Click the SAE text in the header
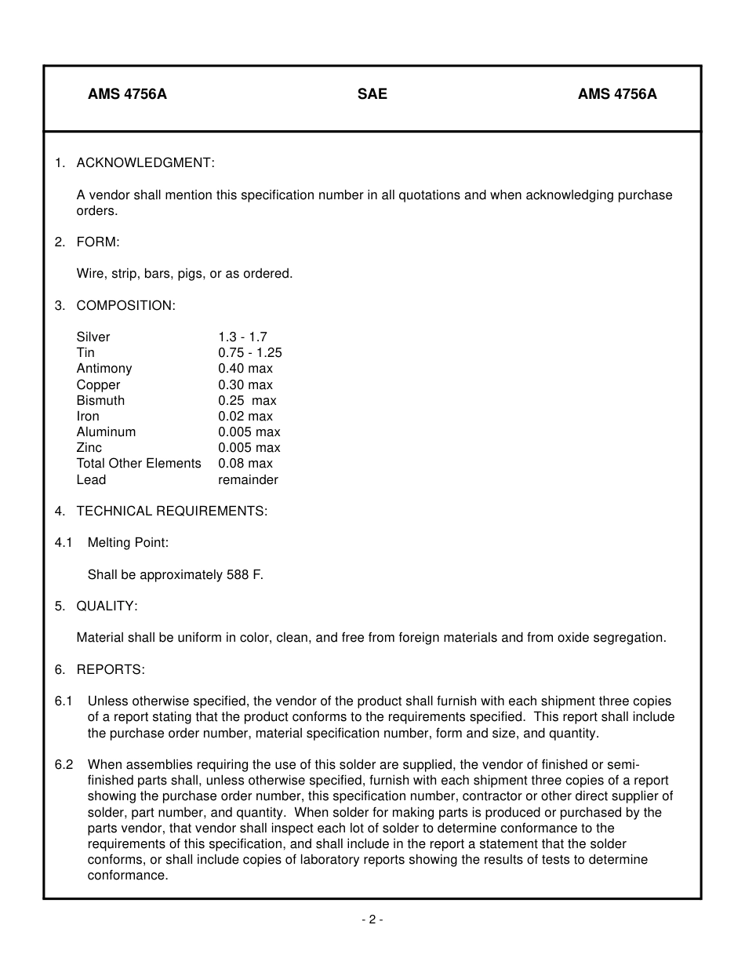pyautogui.click(x=372, y=94)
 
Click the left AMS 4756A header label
pyautogui.click(x=127, y=94)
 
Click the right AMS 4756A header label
pyautogui.click(x=617, y=94)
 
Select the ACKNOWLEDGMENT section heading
pyautogui.click(x=145, y=162)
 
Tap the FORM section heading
pyautogui.click(x=98, y=242)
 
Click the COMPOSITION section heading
pyautogui.click(x=125, y=305)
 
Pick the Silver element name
pyautogui.click(x=93, y=337)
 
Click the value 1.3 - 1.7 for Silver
pyautogui.click(x=242, y=337)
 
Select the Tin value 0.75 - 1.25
pyautogui.click(x=250, y=352)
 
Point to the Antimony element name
pyautogui.click(x=104, y=368)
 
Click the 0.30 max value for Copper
pyautogui.click(x=245, y=384)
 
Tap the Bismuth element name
pyautogui.click(x=100, y=400)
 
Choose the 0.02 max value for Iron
pyautogui.click(x=245, y=416)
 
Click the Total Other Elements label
pyautogui.click(x=139, y=463)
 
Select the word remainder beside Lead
pyautogui.click(x=248, y=479)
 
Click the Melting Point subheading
pyautogui.click(x=128, y=542)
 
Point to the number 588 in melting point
pyautogui.click(x=238, y=575)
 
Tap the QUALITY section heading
pyautogui.click(x=107, y=606)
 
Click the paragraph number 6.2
pyautogui.click(x=64, y=764)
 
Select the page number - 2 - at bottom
pyautogui.click(x=372, y=919)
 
